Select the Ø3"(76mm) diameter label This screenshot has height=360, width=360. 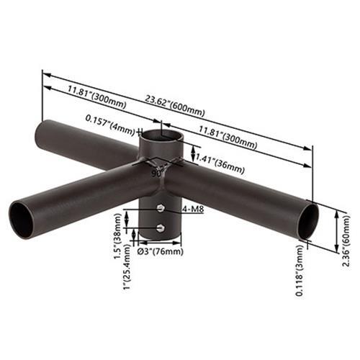[159, 251]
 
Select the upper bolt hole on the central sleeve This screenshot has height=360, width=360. [159, 210]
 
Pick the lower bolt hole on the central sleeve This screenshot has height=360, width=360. [159, 228]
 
